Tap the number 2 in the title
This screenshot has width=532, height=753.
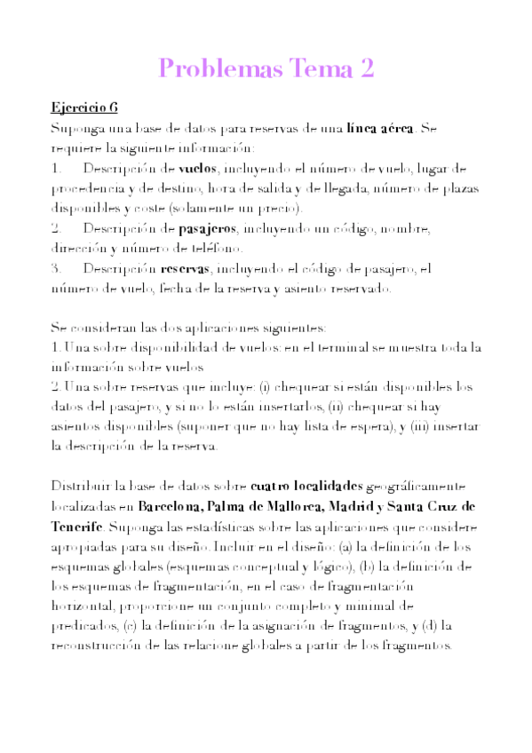363,68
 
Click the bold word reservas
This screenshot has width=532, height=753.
186,268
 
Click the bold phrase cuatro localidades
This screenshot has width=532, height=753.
307,486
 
